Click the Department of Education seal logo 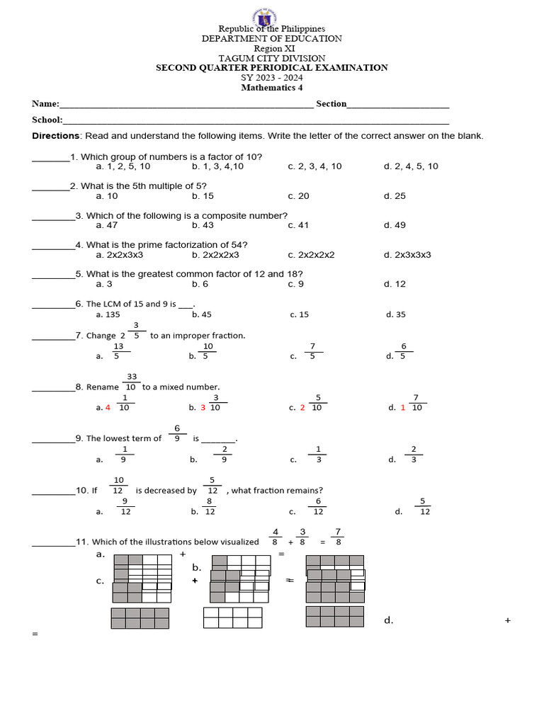pyautogui.click(x=272, y=16)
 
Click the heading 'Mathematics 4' pyautogui.click(x=271, y=88)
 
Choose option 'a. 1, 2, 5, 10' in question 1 pyautogui.click(x=123, y=166)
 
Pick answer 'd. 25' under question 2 pyautogui.click(x=395, y=196)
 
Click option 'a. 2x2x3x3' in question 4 pyautogui.click(x=120, y=255)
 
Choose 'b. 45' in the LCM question pyautogui.click(x=202, y=314)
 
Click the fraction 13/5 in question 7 pyautogui.click(x=118, y=351)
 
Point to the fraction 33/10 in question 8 pyautogui.click(x=131, y=382)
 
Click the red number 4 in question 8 pyautogui.click(x=108, y=408)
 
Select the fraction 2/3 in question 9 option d pyautogui.click(x=413, y=454)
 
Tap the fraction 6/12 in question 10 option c pyautogui.click(x=318, y=506)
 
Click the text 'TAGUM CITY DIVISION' pyautogui.click(x=271, y=58)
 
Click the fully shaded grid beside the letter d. pyautogui.click(x=334, y=616)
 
